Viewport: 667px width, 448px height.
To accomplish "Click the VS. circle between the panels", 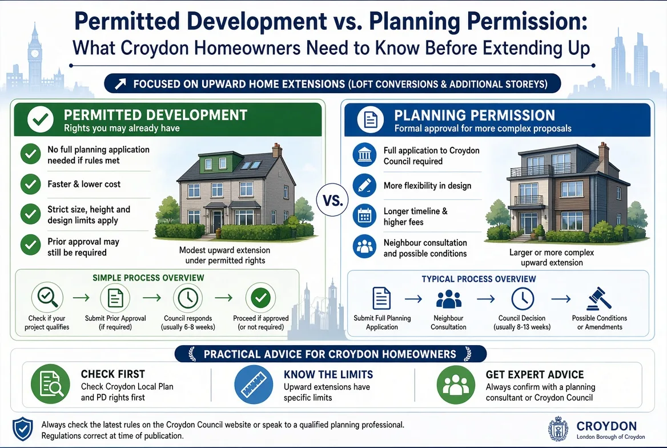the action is tap(332, 200).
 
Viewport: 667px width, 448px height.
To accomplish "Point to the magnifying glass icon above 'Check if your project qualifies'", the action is tap(47, 297).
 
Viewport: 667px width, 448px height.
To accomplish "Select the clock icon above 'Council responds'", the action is tap(188, 297).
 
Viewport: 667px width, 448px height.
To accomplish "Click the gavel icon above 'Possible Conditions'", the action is tap(599, 298).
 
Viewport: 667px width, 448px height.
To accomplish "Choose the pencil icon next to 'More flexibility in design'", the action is tap(364, 185).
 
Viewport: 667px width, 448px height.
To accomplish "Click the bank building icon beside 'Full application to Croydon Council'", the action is tap(364, 154).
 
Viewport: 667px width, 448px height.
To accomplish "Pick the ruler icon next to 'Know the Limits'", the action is tap(254, 384).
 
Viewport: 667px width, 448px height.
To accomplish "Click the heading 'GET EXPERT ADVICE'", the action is tap(535, 374).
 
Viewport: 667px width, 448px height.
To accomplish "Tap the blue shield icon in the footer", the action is tap(22, 429).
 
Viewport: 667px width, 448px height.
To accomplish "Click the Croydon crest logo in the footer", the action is tap(558, 429).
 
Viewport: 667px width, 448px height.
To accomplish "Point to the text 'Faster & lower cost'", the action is tap(84, 184).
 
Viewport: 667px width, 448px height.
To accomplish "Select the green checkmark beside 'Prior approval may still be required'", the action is tap(31, 245).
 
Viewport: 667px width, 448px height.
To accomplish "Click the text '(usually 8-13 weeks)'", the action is tap(522, 327).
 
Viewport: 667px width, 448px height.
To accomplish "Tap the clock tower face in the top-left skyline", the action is tap(34, 54).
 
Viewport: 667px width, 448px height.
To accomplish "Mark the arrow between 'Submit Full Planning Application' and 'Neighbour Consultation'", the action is tap(413, 299).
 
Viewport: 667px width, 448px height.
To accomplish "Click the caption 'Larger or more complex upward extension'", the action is tap(552, 257).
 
